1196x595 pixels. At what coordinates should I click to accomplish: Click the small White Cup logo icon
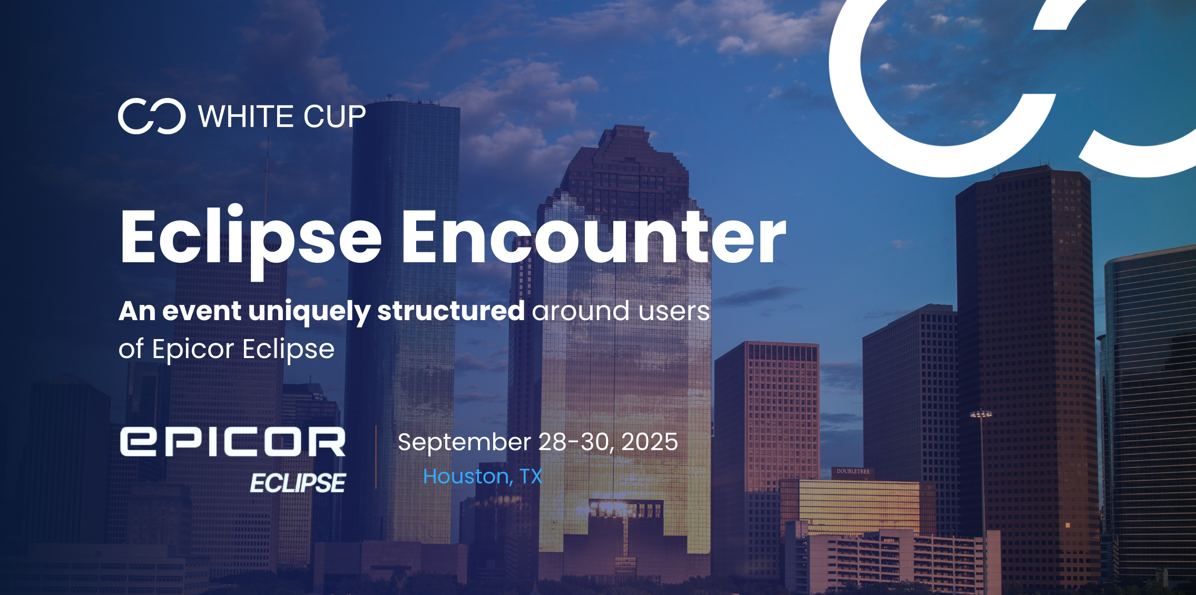[x=152, y=116]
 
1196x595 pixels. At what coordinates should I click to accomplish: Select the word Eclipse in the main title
[x=251, y=240]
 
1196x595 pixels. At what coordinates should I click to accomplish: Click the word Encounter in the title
[x=594, y=236]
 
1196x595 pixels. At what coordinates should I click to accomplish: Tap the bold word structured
[x=451, y=311]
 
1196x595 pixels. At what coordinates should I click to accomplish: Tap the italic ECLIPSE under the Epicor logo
[x=298, y=483]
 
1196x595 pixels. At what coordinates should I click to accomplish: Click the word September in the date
[x=464, y=443]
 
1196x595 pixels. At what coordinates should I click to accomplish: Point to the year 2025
[x=650, y=442]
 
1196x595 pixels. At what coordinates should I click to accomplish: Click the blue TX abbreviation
[x=531, y=477]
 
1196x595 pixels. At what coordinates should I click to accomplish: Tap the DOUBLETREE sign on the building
[x=853, y=471]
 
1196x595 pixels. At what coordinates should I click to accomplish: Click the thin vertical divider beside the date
[x=376, y=457]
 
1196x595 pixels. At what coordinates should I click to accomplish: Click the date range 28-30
[x=576, y=442]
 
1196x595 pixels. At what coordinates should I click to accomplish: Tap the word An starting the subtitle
[x=137, y=311]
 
